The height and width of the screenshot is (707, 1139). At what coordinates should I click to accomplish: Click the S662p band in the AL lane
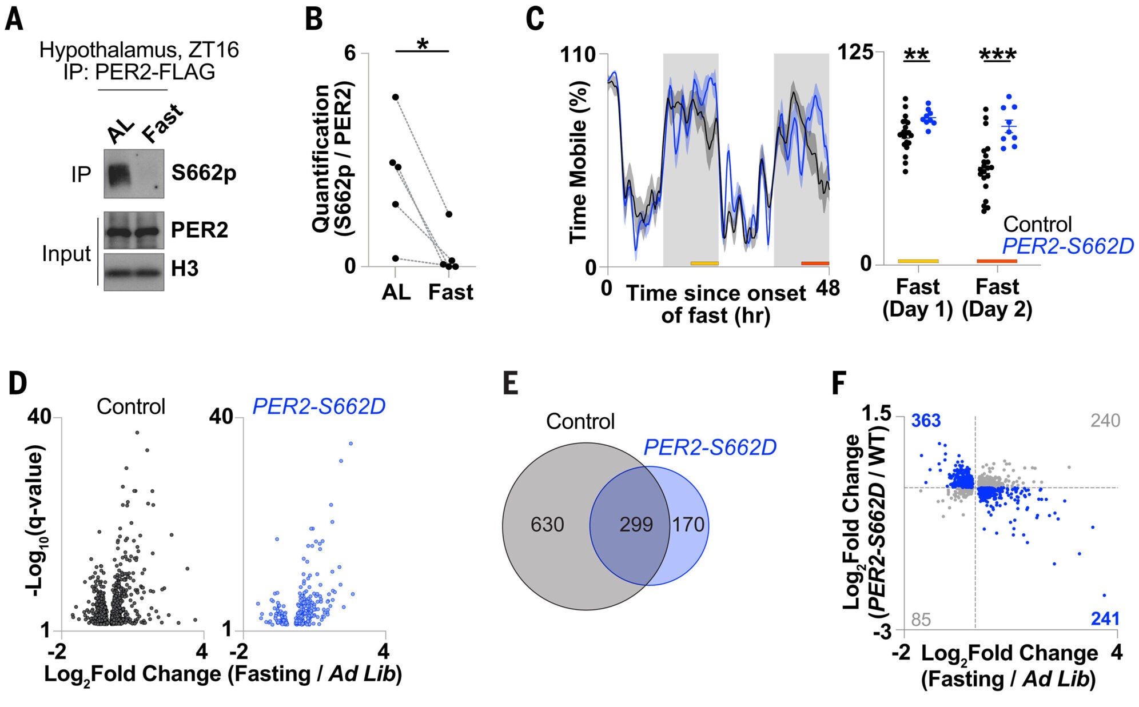coord(119,173)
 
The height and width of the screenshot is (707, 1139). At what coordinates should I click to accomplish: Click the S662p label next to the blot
coord(204,173)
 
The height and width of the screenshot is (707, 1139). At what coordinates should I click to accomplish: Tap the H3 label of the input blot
coord(184,269)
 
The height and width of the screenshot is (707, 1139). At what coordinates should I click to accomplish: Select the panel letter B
coord(313,20)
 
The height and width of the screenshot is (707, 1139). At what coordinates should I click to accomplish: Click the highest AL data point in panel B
coord(395,97)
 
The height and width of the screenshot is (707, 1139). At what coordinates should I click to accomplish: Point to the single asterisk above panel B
coord(423,45)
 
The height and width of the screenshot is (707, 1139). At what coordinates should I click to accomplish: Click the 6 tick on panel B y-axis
coord(349,53)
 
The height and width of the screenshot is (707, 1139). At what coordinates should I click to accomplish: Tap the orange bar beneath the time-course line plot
coord(815,263)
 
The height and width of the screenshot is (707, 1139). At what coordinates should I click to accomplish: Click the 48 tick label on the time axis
coord(828,287)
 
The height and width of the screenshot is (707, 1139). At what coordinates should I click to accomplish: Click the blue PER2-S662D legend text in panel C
coord(1068,246)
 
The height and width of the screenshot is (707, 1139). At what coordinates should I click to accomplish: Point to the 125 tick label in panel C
coord(856,53)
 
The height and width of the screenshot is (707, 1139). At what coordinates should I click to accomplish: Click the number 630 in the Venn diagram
coord(547,524)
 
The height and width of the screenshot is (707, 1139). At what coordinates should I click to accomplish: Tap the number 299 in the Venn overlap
coord(636,524)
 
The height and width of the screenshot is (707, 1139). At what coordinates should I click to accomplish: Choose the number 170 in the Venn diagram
coord(688,524)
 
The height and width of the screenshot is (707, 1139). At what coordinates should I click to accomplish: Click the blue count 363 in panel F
coord(926,421)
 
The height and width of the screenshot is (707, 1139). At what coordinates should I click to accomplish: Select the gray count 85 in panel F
coord(921,620)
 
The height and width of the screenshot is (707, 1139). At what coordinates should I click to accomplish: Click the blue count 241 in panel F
coord(1105,619)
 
